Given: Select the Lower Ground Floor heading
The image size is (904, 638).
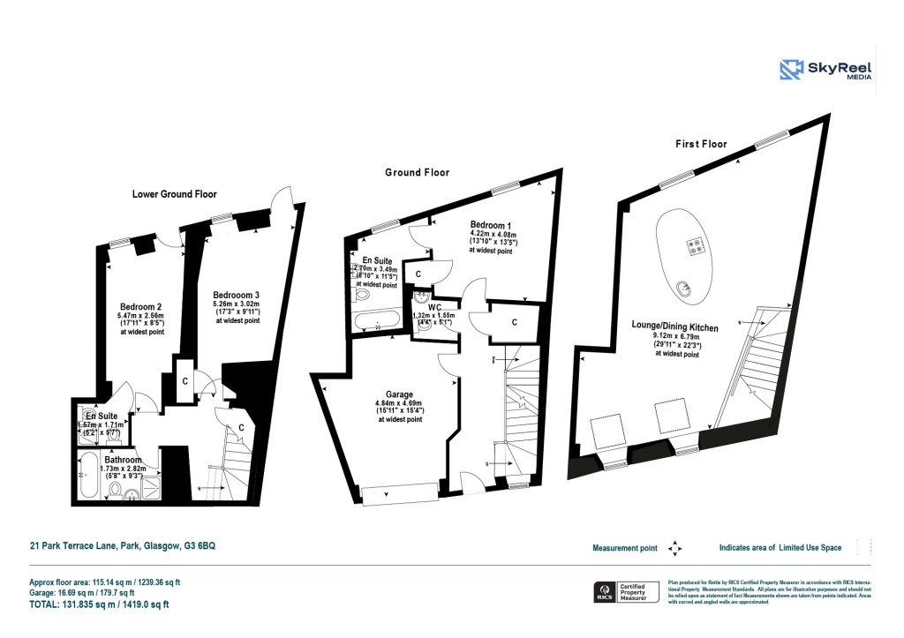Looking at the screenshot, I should (x=174, y=194).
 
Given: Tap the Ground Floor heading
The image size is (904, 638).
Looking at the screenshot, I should (x=417, y=173).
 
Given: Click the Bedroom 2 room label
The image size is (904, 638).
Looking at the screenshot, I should (x=139, y=307).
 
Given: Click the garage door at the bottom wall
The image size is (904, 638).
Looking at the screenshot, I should (x=402, y=494).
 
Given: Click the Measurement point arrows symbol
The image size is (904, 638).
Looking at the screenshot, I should (x=675, y=548).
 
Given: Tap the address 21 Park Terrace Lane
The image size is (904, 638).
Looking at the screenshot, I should (x=121, y=546).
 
